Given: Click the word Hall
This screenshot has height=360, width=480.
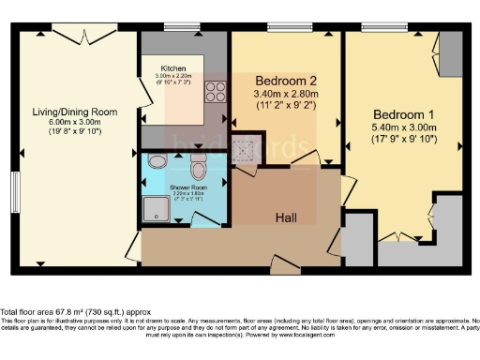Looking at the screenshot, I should coord(287,217).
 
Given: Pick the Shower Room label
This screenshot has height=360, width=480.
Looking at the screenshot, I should coord(187,187).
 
